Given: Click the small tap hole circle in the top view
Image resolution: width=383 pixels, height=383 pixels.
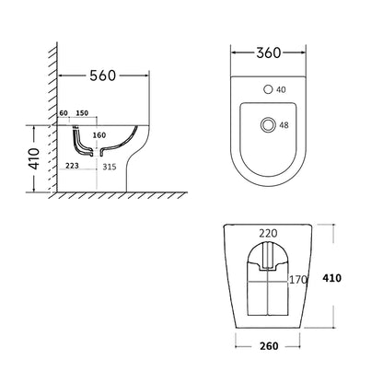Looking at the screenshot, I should click(268, 90).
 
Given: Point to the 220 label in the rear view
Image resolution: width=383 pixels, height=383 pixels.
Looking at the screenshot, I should click(268, 235).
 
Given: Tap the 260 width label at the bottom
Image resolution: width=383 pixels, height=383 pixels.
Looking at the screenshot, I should click(267, 348).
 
